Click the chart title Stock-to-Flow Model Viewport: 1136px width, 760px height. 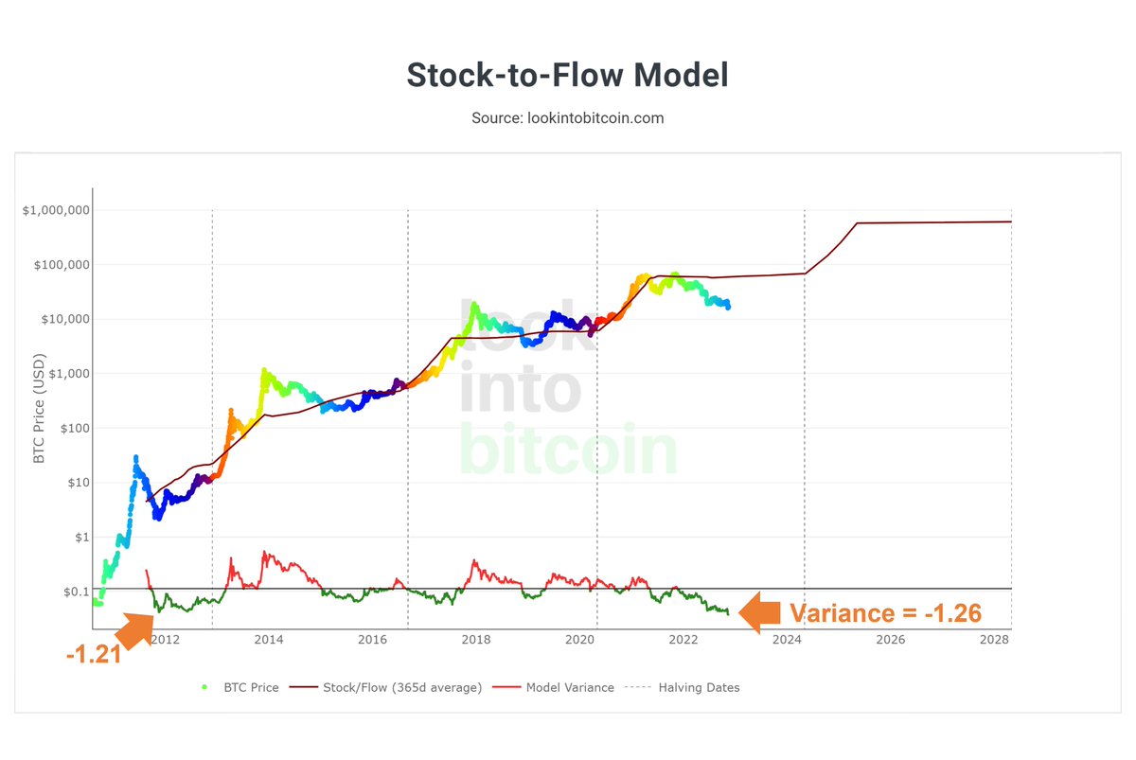pos(567,75)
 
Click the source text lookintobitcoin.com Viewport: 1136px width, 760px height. pos(567,118)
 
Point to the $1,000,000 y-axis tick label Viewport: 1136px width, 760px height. pos(56,210)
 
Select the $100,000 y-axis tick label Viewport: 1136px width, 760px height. pos(60,265)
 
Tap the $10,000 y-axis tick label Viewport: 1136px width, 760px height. pos(62,319)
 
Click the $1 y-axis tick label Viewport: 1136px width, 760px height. pos(80,538)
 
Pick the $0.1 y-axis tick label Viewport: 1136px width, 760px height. pos(75,592)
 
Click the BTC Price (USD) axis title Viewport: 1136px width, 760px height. pos(40,402)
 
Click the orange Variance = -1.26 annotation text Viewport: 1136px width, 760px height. pos(885,613)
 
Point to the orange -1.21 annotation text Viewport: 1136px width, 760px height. pos(94,654)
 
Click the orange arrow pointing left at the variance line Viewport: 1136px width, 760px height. pos(760,612)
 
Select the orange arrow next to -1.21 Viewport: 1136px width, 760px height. pos(134,627)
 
